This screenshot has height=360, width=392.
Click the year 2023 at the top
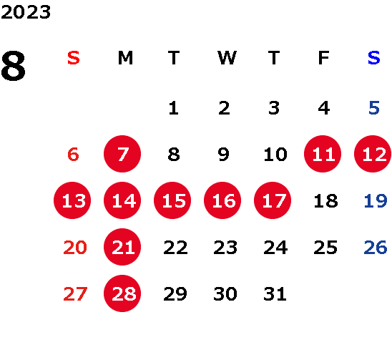click(26, 12)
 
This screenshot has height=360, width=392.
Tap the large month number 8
click(14, 66)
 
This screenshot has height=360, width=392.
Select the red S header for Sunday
click(74, 58)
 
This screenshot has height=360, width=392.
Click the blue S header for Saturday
click(373, 58)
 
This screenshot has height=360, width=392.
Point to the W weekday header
click(227, 58)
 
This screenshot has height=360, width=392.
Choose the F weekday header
click(324, 58)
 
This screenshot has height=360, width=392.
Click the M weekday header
click(125, 58)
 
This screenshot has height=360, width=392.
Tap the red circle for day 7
click(122, 154)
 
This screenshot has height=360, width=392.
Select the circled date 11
click(323, 154)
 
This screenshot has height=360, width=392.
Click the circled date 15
click(172, 200)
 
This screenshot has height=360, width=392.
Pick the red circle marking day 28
click(122, 293)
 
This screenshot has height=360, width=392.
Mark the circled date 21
click(122, 247)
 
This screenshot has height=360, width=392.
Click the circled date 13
click(72, 200)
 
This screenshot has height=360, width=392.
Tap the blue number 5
click(374, 108)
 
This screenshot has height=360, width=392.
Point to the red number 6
click(73, 154)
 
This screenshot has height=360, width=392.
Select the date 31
click(275, 293)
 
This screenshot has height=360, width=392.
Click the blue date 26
click(376, 247)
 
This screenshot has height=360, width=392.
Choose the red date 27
click(75, 293)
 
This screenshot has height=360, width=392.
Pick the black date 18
click(325, 200)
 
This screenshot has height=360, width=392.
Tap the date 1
click(174, 108)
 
